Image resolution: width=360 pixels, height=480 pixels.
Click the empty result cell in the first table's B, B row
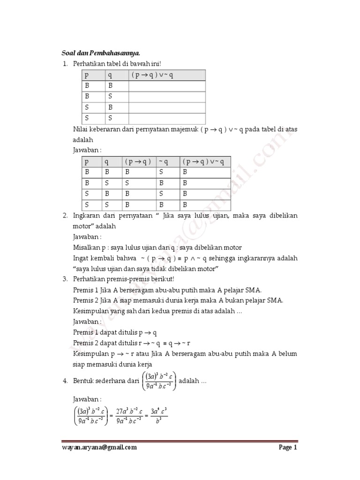pyautogui.click(x=167, y=86)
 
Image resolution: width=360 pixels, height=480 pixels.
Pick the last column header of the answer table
pyautogui.click(x=205, y=162)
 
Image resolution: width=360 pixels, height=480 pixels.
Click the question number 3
pyautogui.click(x=66, y=279)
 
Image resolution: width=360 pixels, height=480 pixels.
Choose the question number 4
pyautogui.click(x=66, y=381)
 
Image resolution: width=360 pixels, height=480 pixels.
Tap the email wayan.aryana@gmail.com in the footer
pyautogui.click(x=99, y=447)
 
